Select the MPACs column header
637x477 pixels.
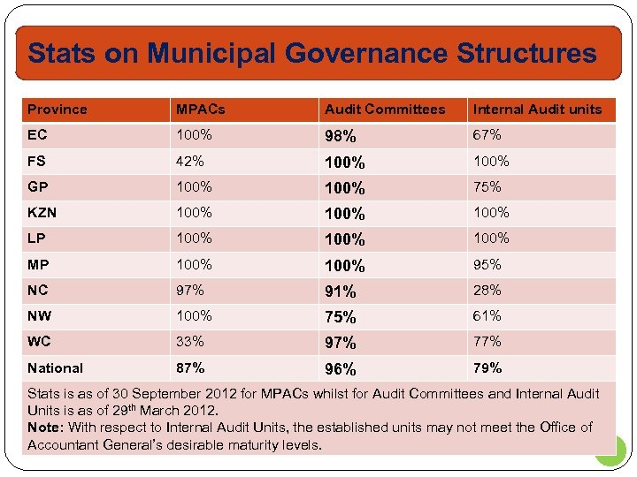tap(200, 110)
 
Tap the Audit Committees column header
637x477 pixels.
tap(385, 110)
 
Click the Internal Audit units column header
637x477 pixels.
tap(537, 110)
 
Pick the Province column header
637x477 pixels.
tap(58, 110)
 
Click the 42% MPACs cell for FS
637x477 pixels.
tap(190, 161)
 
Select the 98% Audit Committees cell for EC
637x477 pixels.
tap(341, 137)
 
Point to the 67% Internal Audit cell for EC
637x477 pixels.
tap(487, 135)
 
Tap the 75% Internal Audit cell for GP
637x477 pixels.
tap(487, 186)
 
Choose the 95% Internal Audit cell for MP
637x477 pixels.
tap(487, 264)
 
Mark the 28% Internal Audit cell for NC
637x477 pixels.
tap(487, 290)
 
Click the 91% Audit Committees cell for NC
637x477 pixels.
tap(341, 291)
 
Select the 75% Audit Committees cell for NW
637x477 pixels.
tap(341, 317)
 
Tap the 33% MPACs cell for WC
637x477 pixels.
tap(190, 341)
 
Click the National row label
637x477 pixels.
tap(55, 367)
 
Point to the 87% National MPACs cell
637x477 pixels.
tap(190, 367)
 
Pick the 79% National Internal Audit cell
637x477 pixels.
tap(487, 367)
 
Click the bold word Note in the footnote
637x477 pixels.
tap(45, 428)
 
